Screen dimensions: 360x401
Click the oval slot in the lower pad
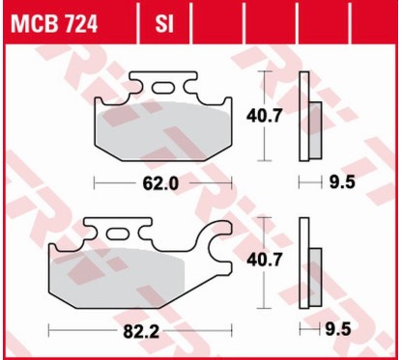(118, 232)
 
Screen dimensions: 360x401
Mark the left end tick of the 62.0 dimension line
(94, 181)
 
